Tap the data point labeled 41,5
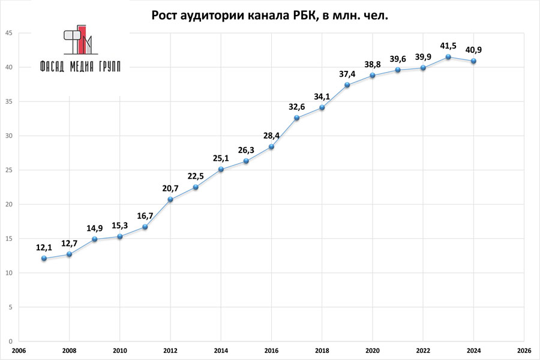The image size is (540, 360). pos(448,56)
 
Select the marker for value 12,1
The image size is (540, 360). pos(44,258)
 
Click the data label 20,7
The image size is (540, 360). pos(170,188)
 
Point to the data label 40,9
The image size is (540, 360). pos(473,49)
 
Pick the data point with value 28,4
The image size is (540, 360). pos(271,146)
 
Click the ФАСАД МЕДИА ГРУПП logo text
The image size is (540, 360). pos(79,67)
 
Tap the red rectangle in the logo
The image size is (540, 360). pos(82,37)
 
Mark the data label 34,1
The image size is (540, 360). pos(322,97)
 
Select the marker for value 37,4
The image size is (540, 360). pos(347,85)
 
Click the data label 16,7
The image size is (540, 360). pos(145,215)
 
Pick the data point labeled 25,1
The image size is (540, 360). pos(221,169)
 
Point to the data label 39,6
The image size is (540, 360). pos(398,58)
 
